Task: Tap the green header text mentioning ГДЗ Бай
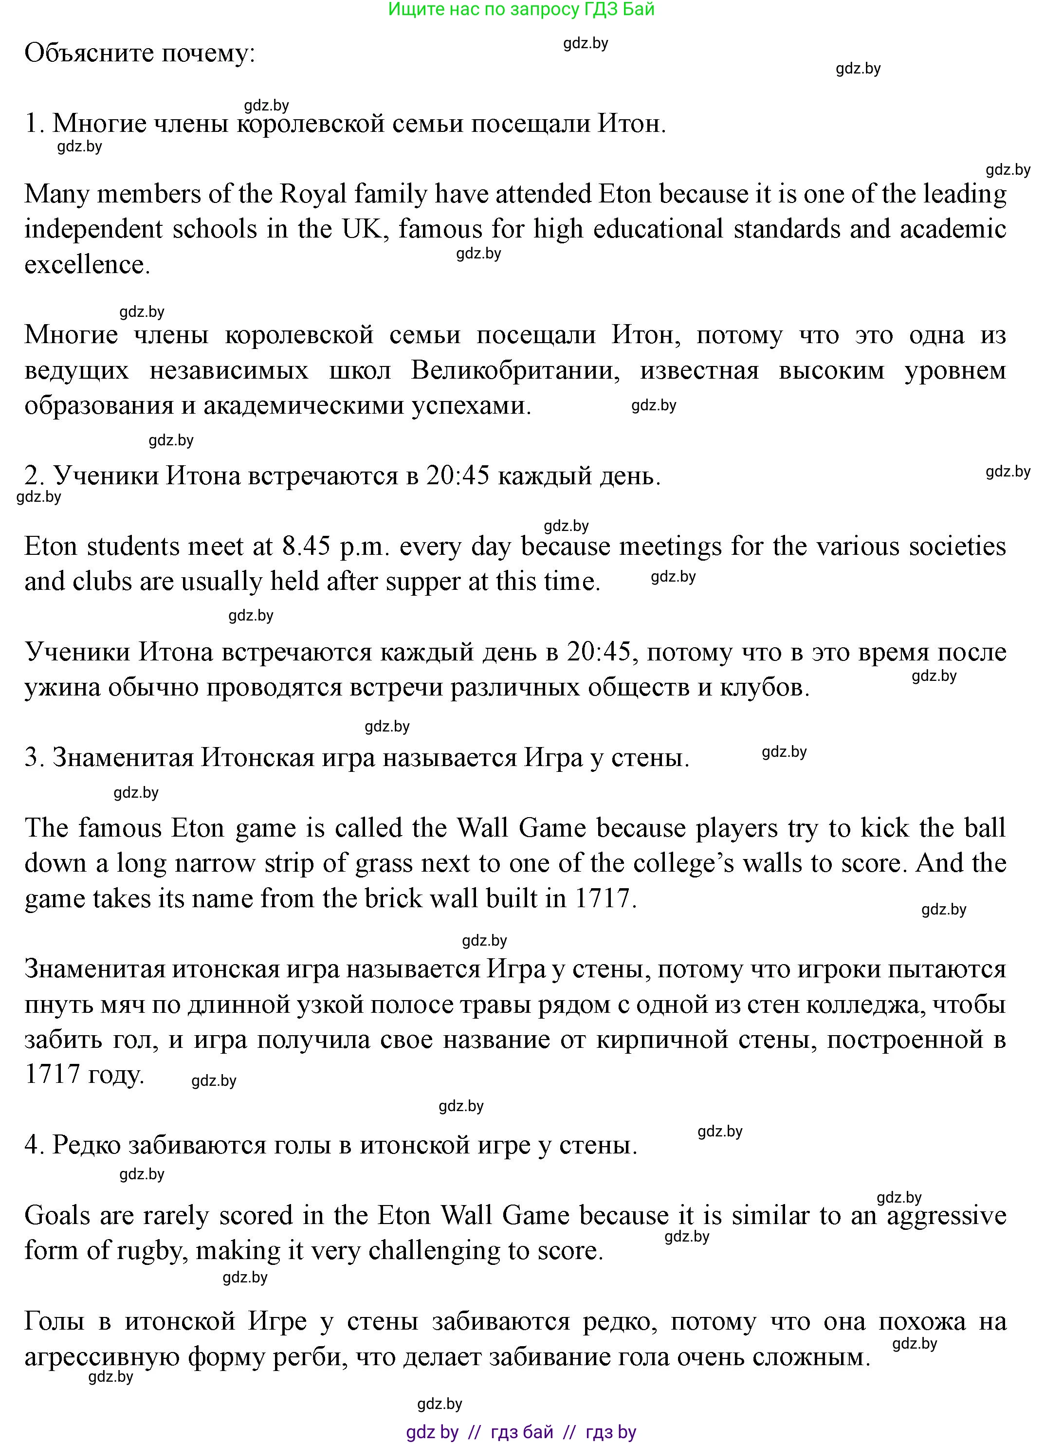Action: pyautogui.click(x=521, y=10)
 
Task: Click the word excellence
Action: pyautogui.click(x=87, y=265)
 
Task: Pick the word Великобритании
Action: pyautogui.click(x=515, y=370)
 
